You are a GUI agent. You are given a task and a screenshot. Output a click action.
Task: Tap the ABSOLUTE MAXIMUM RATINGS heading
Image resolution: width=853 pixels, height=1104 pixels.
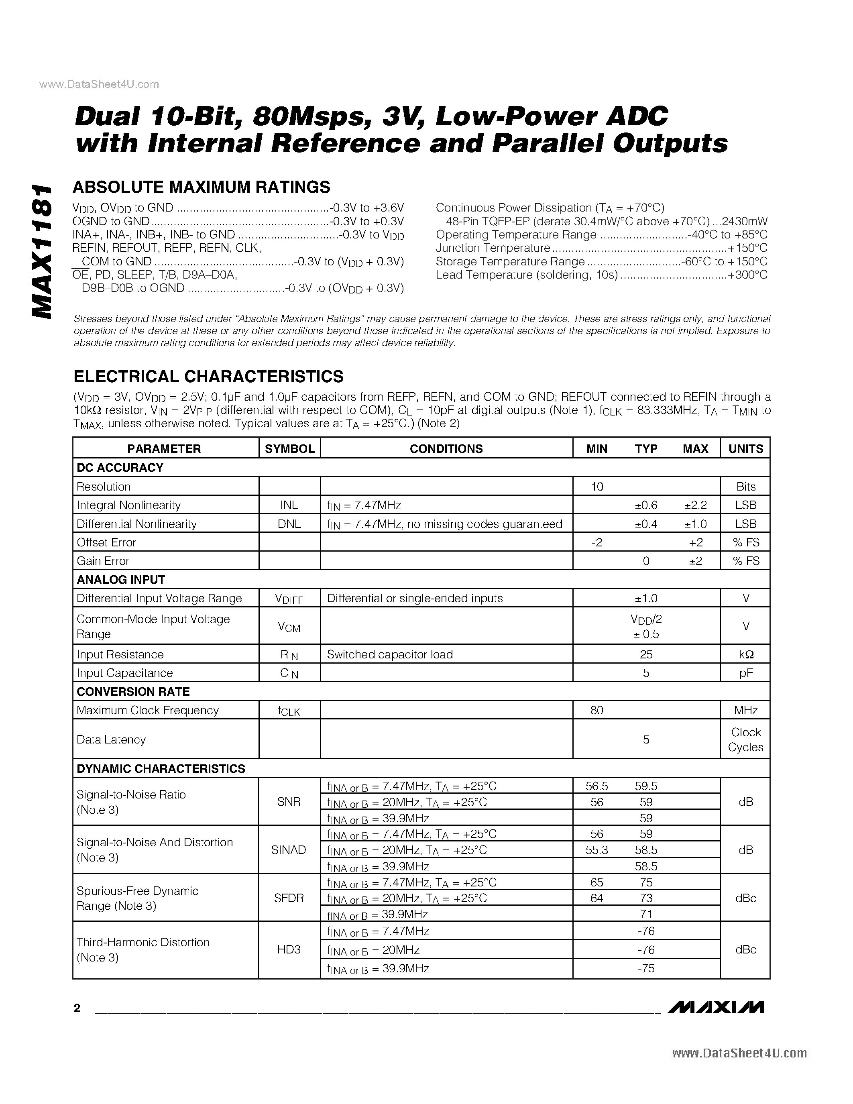click(201, 187)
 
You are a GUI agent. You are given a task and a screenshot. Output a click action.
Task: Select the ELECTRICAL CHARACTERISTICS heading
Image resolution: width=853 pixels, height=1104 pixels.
click(208, 377)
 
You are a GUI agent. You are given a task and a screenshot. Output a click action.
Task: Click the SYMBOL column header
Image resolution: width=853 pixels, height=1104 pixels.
click(289, 449)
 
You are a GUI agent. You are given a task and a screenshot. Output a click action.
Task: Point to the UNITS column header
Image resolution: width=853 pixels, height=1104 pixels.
click(745, 449)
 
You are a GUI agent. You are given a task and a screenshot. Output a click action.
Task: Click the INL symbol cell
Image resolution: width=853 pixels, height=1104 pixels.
click(289, 505)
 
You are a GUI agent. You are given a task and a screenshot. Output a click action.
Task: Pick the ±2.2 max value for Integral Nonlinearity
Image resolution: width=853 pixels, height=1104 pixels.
click(695, 505)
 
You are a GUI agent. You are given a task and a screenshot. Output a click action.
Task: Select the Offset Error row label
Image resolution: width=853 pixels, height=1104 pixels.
click(106, 542)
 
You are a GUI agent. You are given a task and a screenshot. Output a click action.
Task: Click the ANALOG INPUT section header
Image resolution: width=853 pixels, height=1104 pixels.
click(121, 580)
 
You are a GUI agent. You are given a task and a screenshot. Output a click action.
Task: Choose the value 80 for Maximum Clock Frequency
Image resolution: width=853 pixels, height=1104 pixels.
click(597, 710)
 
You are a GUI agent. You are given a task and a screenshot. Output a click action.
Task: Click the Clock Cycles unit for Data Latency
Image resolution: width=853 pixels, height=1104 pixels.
click(745, 739)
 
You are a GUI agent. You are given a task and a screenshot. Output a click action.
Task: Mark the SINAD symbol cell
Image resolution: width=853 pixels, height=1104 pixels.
click(289, 850)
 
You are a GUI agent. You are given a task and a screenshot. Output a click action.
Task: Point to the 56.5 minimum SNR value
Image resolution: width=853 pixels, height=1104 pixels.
click(597, 786)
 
